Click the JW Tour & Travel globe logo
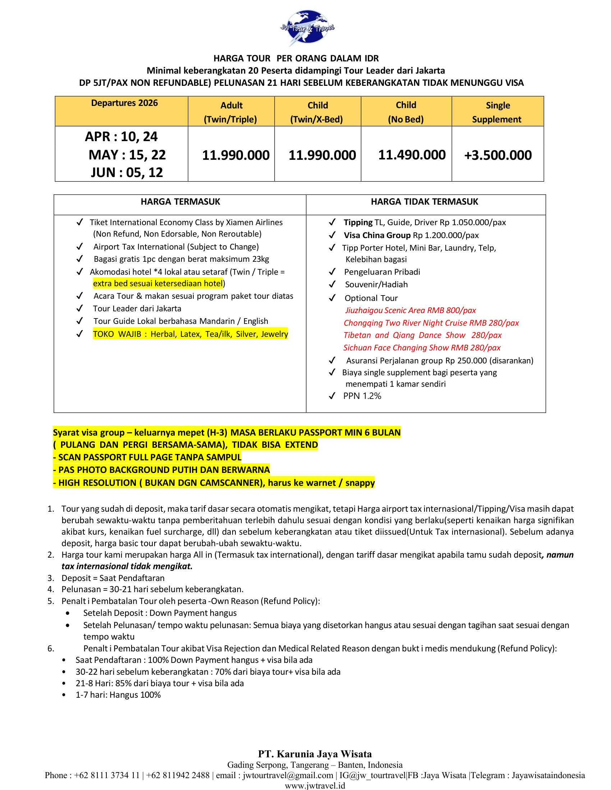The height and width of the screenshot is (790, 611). [307, 28]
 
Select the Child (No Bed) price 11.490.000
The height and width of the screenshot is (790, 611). [412, 155]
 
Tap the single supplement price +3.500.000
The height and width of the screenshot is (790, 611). [498, 155]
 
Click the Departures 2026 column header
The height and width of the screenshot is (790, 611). [124, 103]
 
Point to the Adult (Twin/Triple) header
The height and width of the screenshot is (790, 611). [231, 112]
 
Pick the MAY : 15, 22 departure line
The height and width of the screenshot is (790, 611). [127, 155]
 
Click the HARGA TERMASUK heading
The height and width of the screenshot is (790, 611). [180, 202]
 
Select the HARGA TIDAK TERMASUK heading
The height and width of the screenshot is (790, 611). [424, 202]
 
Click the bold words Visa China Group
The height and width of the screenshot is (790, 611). [377, 236]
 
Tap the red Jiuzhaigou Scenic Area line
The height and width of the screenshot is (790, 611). [410, 310]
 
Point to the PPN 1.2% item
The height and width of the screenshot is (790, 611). [362, 396]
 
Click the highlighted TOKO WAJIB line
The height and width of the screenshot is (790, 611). [190, 334]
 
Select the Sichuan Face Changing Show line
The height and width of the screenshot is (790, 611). [422, 348]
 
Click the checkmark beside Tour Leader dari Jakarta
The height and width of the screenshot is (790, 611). [80, 308]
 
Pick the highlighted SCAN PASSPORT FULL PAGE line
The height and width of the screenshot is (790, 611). [147, 457]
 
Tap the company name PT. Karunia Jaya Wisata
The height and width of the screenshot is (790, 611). [314, 754]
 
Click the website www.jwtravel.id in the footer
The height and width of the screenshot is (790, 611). [314, 786]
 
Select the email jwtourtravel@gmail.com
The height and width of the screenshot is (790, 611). [288, 775]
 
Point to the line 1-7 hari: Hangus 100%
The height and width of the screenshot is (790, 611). [118, 695]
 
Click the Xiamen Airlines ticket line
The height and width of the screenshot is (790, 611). [186, 223]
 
